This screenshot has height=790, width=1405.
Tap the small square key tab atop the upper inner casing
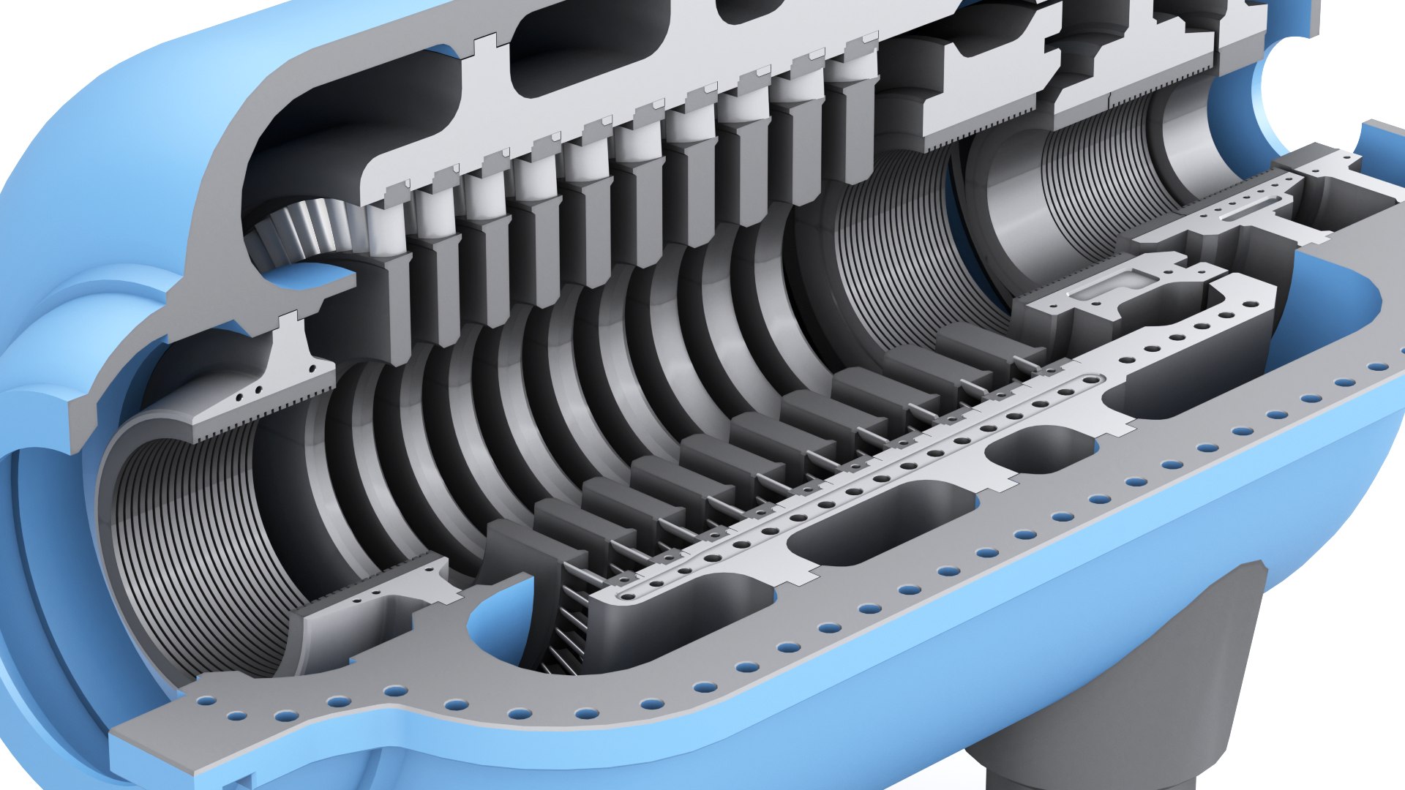point(483,45)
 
